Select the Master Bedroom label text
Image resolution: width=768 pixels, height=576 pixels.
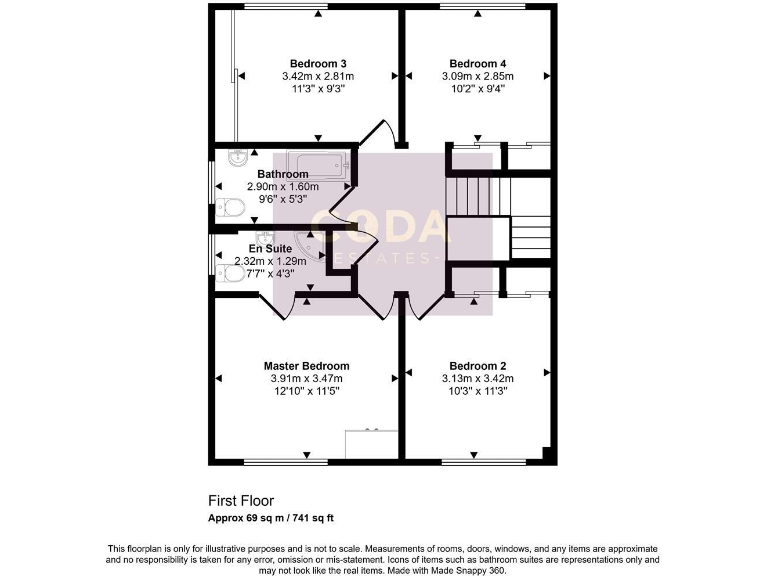pyautogui.click(x=306, y=366)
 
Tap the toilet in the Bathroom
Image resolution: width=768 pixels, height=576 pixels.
pyautogui.click(x=230, y=207)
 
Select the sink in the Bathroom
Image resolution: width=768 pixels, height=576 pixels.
pyautogui.click(x=237, y=157)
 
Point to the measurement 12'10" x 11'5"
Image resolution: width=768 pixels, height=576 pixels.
pyautogui.click(x=306, y=392)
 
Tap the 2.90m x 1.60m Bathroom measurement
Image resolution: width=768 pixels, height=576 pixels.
pyautogui.click(x=283, y=186)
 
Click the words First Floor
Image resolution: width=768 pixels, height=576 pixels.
pyautogui.click(x=240, y=500)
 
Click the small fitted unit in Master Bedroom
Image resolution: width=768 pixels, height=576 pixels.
pyautogui.click(x=371, y=443)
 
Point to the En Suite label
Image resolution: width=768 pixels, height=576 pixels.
pyautogui.click(x=269, y=248)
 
